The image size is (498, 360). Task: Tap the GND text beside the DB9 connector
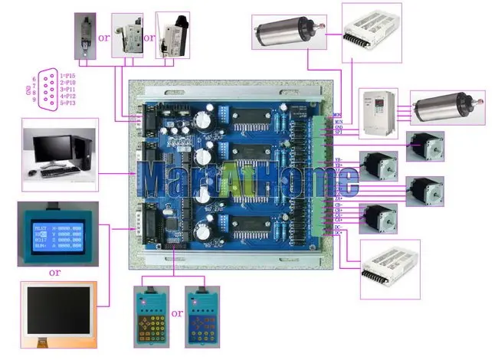coord(28,89)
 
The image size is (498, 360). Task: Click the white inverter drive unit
coord(380,107)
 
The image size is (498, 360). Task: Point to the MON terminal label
coord(337,116)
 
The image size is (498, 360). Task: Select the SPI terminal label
coord(337,133)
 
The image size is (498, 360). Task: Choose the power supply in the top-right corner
coord(370,31)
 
